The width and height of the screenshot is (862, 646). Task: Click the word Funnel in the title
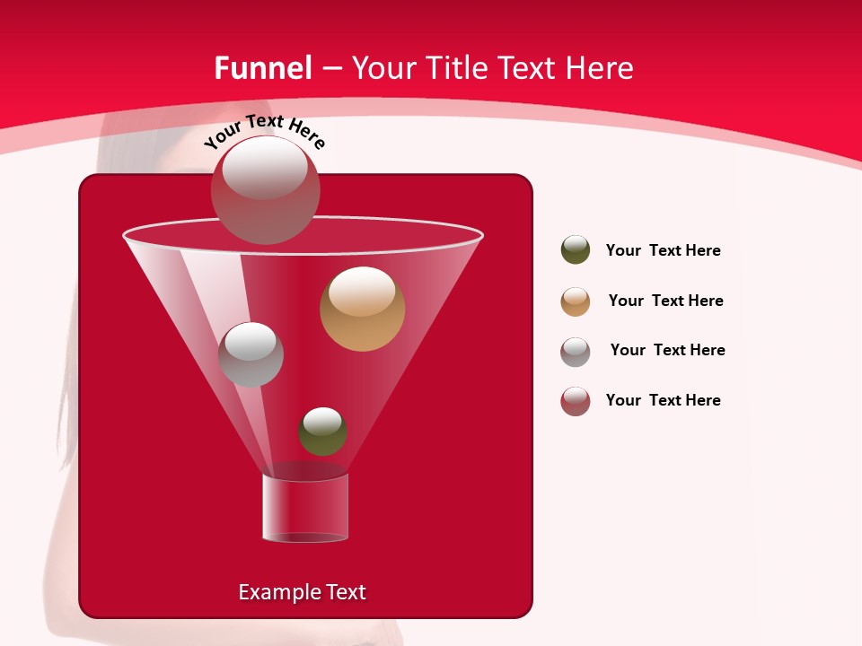(262, 68)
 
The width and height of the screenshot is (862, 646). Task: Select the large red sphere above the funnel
(265, 189)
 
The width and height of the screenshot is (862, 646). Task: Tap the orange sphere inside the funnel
(362, 309)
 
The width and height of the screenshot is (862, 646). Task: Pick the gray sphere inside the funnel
(251, 354)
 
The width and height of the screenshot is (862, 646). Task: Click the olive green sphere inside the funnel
(322, 432)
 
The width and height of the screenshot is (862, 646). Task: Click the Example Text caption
(302, 592)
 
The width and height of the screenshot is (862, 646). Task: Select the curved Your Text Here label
(264, 132)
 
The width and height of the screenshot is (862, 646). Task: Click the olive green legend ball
(576, 249)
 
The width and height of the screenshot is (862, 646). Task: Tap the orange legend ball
(576, 301)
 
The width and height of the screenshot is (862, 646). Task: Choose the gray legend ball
(576, 352)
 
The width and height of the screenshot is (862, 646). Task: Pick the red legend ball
(576, 401)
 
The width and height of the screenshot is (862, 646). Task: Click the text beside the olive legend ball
(663, 250)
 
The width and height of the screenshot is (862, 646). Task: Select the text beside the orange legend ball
(665, 301)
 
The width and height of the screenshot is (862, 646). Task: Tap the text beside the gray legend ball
(667, 350)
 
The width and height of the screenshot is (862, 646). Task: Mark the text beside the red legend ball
(663, 400)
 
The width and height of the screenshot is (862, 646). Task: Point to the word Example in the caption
(278, 592)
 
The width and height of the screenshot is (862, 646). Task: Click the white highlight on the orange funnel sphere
(362, 291)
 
